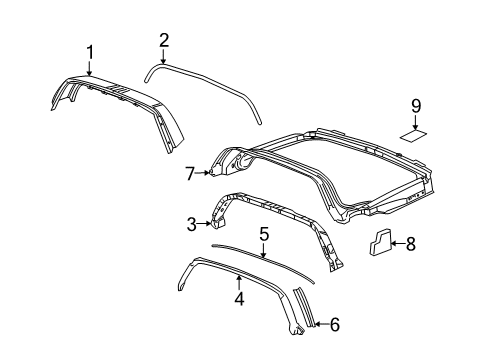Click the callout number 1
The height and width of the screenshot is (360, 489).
(x=90, y=51)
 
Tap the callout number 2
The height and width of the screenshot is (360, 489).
(x=163, y=40)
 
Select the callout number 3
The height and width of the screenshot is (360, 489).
(x=191, y=225)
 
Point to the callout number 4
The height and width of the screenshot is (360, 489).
(x=238, y=297)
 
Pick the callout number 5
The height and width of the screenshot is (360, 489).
(x=263, y=262)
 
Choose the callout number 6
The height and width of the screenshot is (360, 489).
(x=335, y=323)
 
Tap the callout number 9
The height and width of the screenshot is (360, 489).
(x=417, y=103)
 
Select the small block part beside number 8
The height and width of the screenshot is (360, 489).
(x=382, y=269)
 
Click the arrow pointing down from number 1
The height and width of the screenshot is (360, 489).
(x=90, y=67)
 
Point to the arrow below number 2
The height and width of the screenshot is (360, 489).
(x=163, y=57)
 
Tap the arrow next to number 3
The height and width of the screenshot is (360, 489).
(x=205, y=225)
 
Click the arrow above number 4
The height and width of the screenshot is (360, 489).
(x=238, y=283)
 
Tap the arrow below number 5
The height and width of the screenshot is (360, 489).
(x=263, y=277)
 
